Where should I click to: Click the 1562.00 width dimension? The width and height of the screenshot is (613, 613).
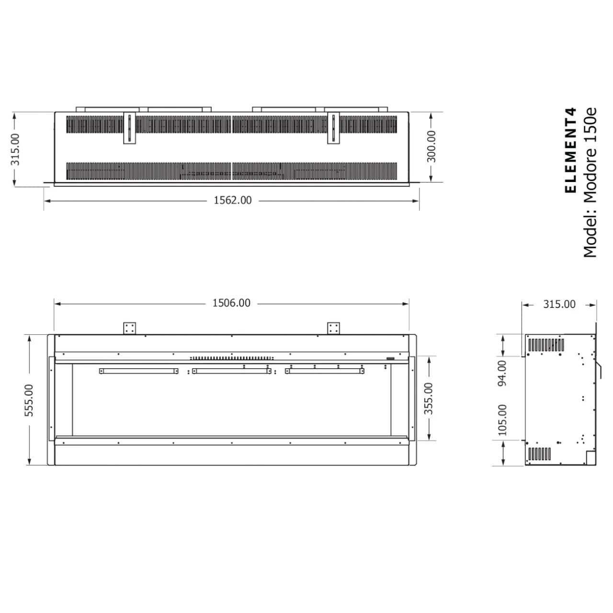pos(232,200)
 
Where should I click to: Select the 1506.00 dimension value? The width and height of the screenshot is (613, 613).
pos(231,303)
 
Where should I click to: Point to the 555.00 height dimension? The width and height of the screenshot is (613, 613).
pos(29,400)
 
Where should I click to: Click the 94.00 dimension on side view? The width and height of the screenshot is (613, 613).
pos(501,373)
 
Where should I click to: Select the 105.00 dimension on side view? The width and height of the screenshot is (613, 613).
pos(501,420)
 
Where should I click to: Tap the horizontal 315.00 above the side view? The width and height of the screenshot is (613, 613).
pos(559,304)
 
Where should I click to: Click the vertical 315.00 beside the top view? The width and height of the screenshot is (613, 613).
pos(16,149)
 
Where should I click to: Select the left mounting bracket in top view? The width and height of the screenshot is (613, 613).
pos(130,128)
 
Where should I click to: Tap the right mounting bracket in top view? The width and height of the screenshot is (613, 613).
pos(333,128)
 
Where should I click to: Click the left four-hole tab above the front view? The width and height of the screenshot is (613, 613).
pos(130,329)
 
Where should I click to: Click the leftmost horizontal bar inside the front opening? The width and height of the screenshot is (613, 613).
pos(139,371)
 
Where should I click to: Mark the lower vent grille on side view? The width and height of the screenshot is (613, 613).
pos(539,454)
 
